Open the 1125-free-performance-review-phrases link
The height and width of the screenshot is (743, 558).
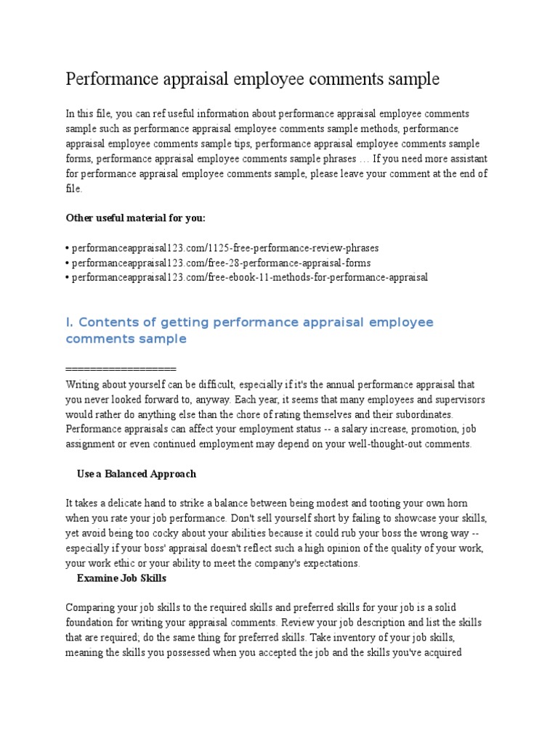225,248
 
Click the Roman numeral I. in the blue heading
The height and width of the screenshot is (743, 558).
70,322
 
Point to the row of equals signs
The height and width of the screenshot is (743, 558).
121,369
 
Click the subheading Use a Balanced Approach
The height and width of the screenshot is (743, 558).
137,474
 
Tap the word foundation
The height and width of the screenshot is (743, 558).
92,623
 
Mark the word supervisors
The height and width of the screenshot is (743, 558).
452,400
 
